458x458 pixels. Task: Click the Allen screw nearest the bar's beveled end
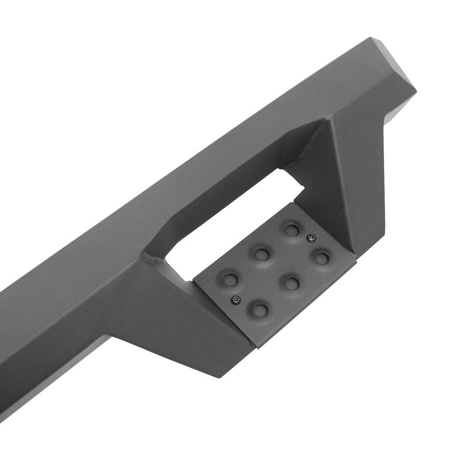pyautogui.click(x=311, y=237)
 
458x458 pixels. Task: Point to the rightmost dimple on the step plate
pyautogui.click(x=322, y=258)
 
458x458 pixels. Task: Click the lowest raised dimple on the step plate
pyautogui.click(x=260, y=310)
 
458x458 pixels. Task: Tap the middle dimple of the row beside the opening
pyautogui.click(x=262, y=254)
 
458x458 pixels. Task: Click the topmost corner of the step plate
pyautogui.click(x=294, y=202)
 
